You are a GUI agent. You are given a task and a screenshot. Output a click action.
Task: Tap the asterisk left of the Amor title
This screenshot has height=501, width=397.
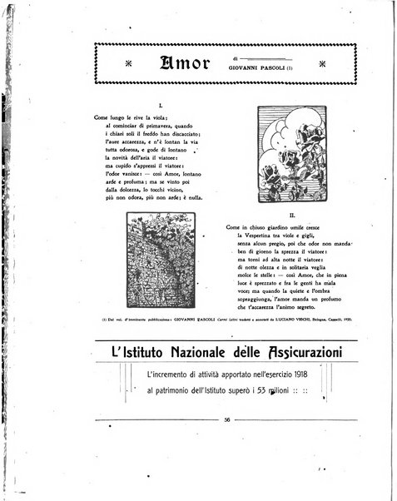[127, 65]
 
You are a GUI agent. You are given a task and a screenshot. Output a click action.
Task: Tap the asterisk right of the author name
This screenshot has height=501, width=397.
[323, 65]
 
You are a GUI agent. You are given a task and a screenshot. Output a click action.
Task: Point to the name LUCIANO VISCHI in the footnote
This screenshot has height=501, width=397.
[293, 319]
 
